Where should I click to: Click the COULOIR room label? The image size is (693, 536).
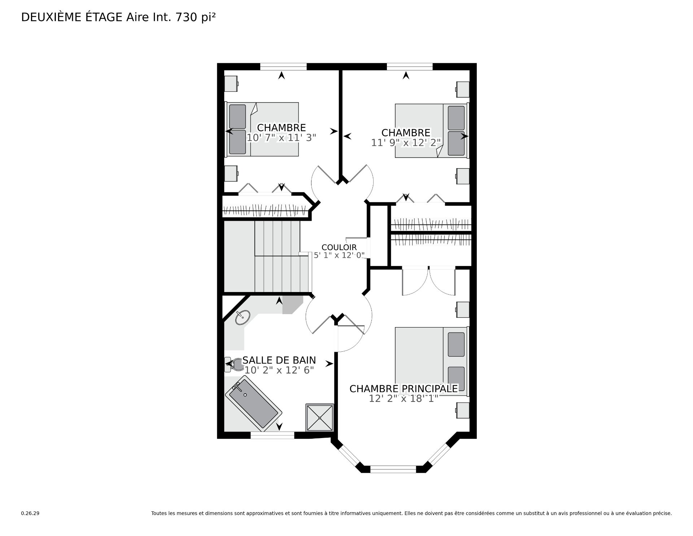339,247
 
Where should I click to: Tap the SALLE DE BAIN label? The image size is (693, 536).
279,360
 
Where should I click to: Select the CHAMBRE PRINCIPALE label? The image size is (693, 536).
404,389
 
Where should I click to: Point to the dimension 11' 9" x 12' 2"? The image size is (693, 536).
406,143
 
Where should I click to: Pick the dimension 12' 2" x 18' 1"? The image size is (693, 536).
404,398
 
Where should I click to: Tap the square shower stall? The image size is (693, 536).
320,417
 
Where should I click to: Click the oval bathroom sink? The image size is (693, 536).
242,318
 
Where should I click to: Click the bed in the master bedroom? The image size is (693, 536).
432,361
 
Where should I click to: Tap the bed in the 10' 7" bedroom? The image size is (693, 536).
262,129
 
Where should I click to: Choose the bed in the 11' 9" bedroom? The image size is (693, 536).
432,130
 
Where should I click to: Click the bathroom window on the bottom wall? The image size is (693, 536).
273,435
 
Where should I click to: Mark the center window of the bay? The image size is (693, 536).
393,469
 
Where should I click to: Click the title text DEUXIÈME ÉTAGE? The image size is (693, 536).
72,17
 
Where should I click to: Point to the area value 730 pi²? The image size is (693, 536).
195,17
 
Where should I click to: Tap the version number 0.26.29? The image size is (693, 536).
30,513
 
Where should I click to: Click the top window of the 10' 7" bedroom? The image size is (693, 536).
283,67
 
